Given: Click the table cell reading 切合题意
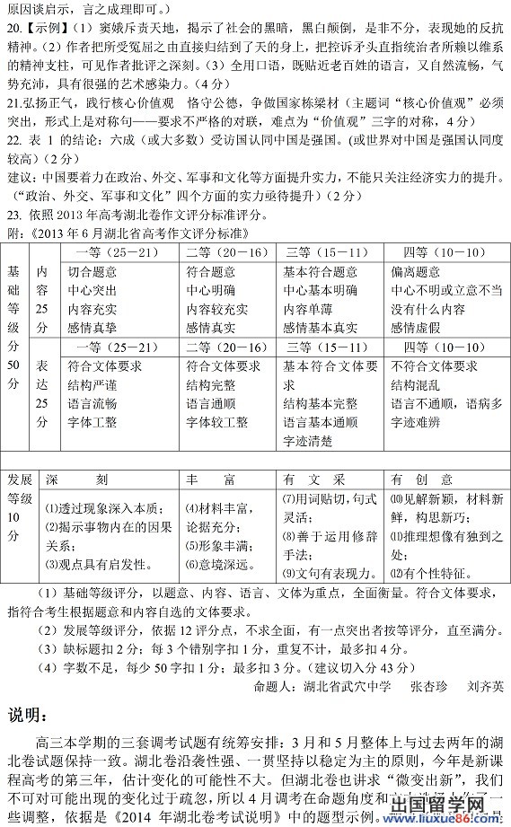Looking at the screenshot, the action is [93, 272].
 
